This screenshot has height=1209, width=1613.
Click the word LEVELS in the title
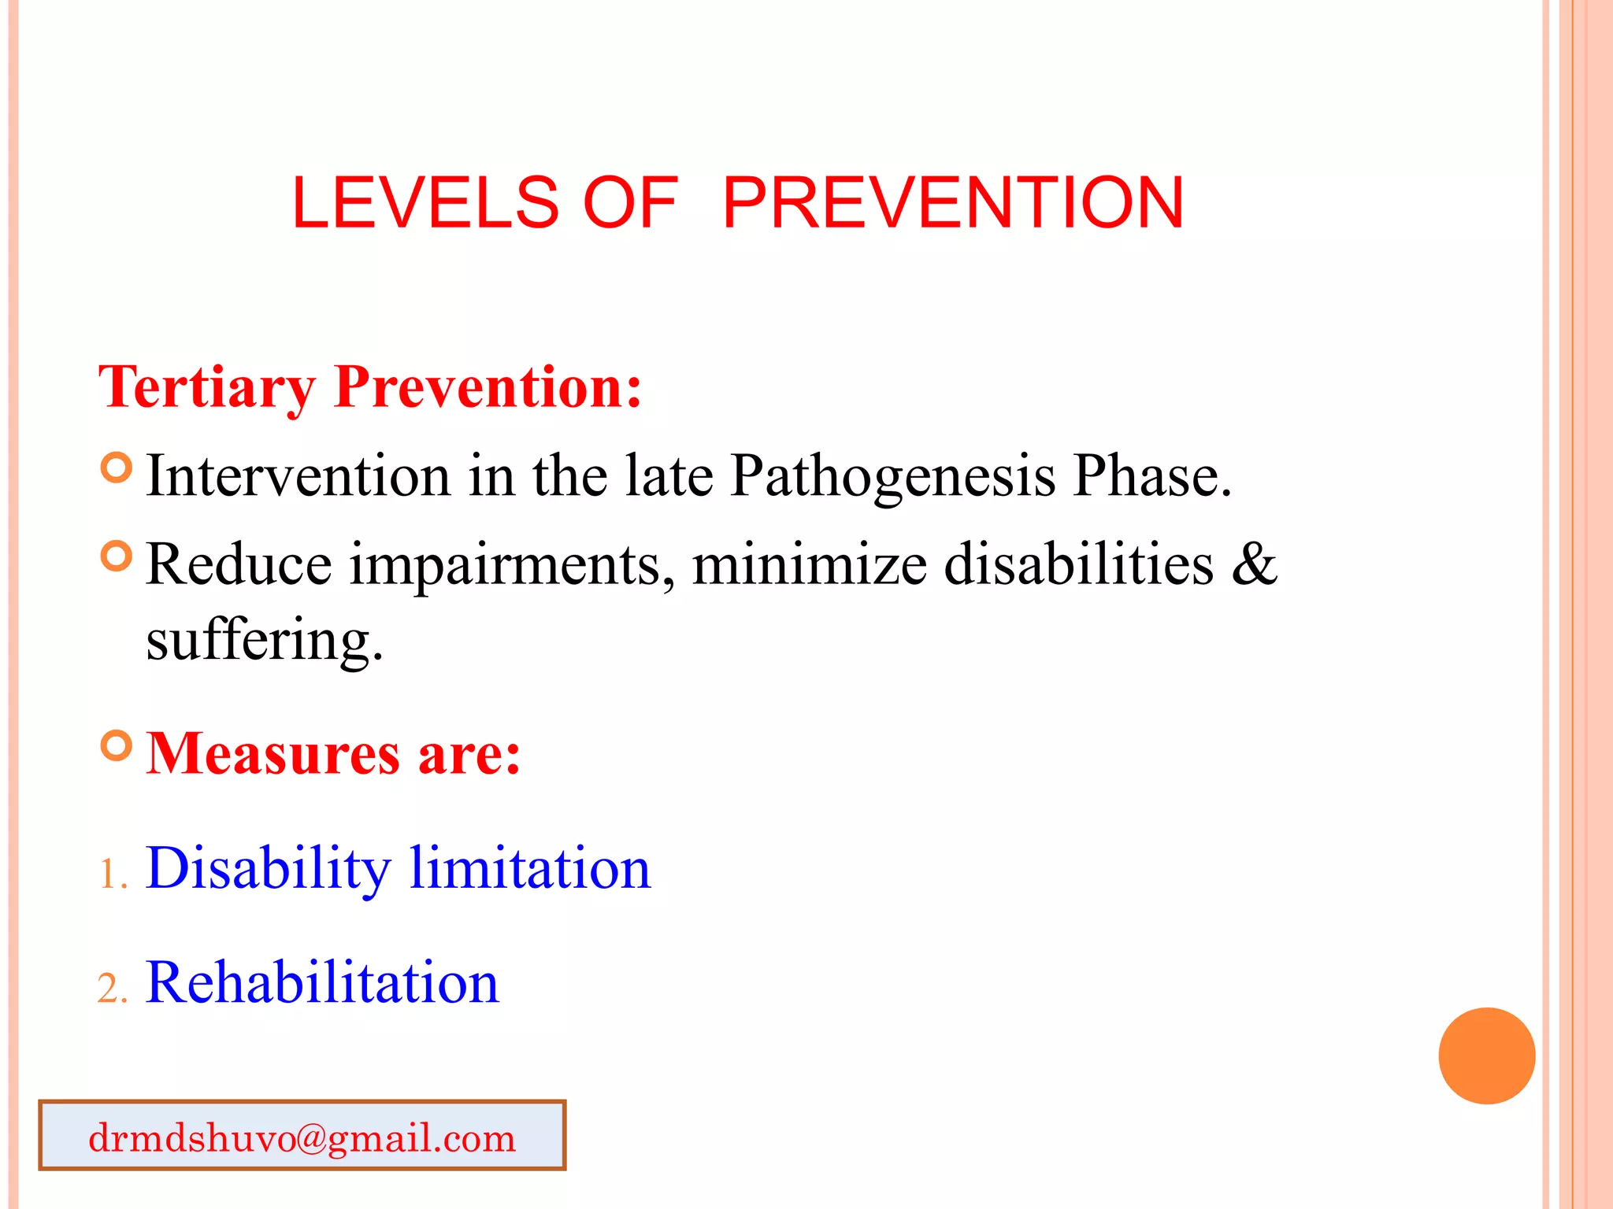425,202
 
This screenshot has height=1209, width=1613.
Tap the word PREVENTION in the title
952,202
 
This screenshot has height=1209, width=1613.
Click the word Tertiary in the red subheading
206,387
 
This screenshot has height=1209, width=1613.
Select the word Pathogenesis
892,476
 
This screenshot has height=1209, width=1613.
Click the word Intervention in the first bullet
298,476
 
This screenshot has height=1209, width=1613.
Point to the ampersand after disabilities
1254,564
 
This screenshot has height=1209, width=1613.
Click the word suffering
263,639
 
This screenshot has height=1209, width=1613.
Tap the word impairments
512,565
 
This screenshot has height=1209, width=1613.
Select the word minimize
810,565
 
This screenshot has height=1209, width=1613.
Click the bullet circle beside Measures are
117,745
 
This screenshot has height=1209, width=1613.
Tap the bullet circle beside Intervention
117,468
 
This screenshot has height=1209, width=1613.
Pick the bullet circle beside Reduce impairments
117,556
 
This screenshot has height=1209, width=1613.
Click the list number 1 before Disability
109,874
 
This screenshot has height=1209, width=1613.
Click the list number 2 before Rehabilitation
109,989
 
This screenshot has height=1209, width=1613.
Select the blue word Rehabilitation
322,982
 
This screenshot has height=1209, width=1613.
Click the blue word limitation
530,868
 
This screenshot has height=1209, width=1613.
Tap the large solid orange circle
1486,1056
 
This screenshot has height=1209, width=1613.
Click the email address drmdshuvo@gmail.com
302,1137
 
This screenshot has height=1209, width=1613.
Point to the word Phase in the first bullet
1151,476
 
